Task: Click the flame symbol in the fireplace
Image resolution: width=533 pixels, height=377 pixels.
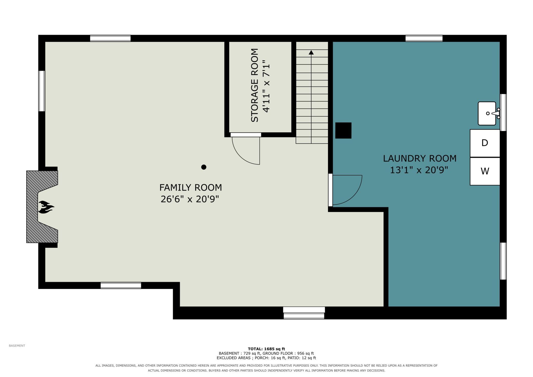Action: coord(46,207)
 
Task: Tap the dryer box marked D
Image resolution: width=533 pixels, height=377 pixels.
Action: coord(485,143)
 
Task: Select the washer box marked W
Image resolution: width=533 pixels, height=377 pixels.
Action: coord(485,171)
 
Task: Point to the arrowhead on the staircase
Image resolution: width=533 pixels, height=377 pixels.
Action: coord(311,52)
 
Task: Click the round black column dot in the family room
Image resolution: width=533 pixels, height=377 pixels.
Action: coord(204,167)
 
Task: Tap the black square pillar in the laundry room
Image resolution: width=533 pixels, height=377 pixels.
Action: coord(343,131)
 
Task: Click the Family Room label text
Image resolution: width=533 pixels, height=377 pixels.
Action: coord(191,187)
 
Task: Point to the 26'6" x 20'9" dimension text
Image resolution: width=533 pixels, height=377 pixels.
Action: coord(190,199)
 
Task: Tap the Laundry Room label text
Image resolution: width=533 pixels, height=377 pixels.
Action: coord(420,158)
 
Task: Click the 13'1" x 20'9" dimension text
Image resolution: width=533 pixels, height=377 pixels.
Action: coord(419,170)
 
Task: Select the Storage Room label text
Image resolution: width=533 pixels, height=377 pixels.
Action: coord(254,85)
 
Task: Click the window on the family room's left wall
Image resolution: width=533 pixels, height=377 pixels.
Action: coord(42,91)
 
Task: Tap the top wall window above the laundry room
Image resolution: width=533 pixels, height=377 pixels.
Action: coord(424,38)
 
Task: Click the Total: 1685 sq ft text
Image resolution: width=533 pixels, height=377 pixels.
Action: coord(266,349)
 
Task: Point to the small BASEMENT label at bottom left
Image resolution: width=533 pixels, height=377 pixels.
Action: coord(17,346)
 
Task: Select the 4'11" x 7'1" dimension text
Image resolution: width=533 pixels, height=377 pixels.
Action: coord(266,86)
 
